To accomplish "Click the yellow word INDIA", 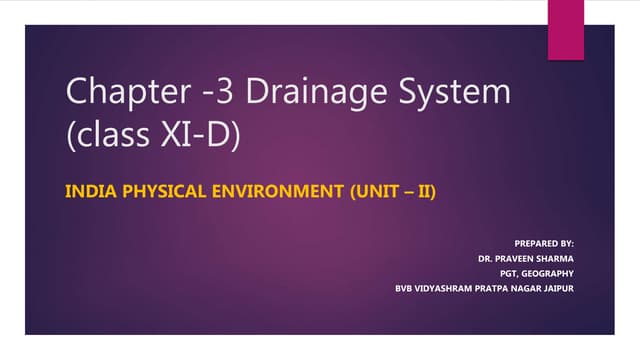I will [89, 188].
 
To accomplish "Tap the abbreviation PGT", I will [511, 273].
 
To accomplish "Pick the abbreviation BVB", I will [406, 289].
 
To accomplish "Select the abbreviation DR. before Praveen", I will [487, 258].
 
